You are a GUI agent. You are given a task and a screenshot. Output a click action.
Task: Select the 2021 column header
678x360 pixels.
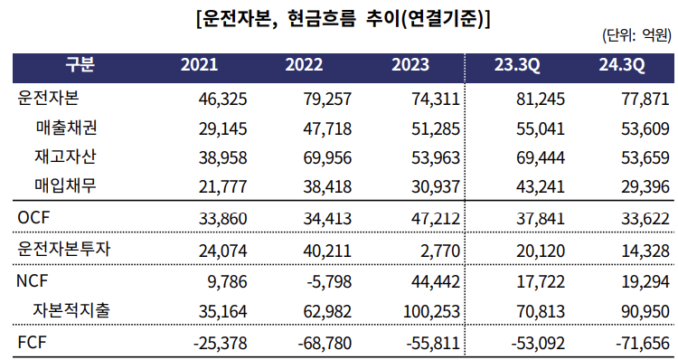(x=199, y=66)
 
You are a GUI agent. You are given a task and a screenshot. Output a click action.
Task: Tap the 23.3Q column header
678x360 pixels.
(x=517, y=66)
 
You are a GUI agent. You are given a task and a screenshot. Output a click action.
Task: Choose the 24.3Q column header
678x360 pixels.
(x=621, y=66)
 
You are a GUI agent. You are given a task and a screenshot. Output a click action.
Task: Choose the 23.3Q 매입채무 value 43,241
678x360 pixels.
(x=539, y=186)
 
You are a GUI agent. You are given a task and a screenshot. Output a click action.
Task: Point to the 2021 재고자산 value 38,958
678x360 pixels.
(x=221, y=157)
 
